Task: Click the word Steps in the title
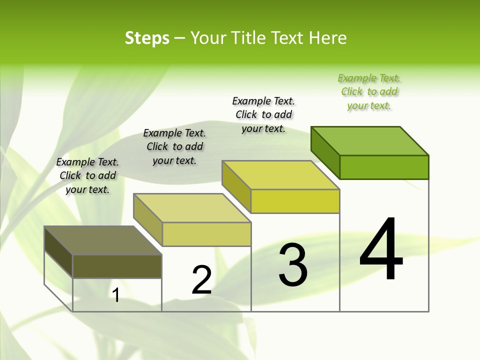[147, 38]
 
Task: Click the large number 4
[381, 250]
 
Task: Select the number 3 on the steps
[293, 265]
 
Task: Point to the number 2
[202, 280]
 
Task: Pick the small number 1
[116, 295]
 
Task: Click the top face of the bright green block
[370, 140]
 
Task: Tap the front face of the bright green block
[384, 167]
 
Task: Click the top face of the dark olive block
[103, 240]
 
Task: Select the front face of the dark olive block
[117, 266]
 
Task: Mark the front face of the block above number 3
[295, 201]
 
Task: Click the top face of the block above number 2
[192, 208]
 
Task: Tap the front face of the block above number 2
[206, 234]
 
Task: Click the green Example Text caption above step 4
[369, 92]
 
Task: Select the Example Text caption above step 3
[263, 114]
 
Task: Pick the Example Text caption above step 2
[174, 146]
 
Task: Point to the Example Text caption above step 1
[87, 175]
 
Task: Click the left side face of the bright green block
[325, 150]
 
